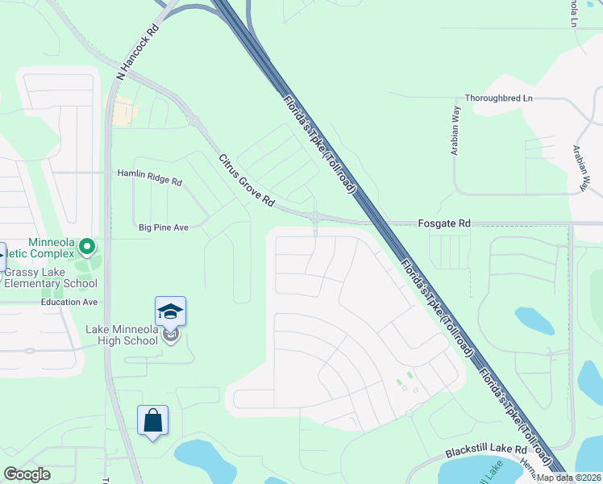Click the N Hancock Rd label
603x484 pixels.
tap(138, 51)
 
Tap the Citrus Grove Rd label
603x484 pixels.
tap(247, 180)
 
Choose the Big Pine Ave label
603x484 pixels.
tap(163, 227)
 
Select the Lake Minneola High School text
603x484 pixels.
tap(122, 335)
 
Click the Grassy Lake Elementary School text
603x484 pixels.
tap(51, 277)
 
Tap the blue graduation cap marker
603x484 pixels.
tap(170, 311)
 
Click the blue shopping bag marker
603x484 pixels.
tap(152, 419)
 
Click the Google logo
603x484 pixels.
tap(26, 474)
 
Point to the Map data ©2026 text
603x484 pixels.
tap(568, 478)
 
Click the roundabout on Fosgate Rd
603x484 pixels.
tap(315, 216)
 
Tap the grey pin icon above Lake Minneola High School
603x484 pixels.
tap(170, 336)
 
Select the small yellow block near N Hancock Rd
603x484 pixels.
tap(123, 114)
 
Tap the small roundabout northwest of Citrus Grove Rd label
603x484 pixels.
tap(194, 121)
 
